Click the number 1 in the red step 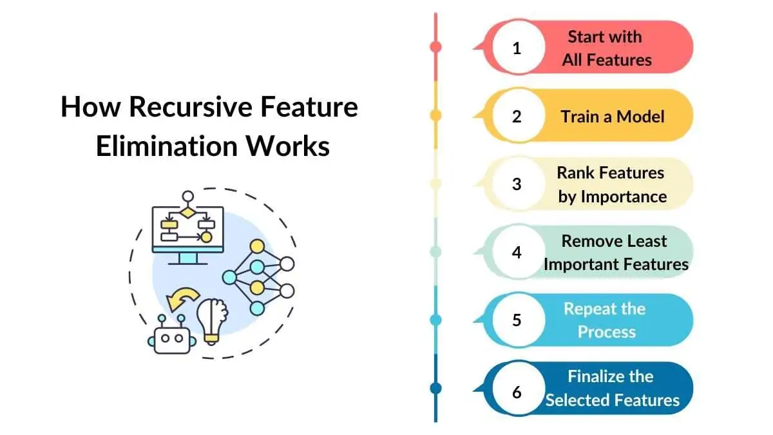[x=517, y=48]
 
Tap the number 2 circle [x=517, y=116]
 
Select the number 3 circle [x=517, y=184]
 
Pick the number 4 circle [x=517, y=252]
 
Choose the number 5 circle [x=517, y=320]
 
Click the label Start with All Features [x=606, y=48]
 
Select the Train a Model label [x=612, y=117]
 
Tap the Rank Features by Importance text [x=611, y=184]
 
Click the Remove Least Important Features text [x=616, y=253]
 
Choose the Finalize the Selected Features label [x=611, y=389]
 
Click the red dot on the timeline [x=435, y=46]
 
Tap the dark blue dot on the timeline [x=435, y=388]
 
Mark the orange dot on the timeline [x=435, y=115]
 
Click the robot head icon [x=173, y=335]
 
